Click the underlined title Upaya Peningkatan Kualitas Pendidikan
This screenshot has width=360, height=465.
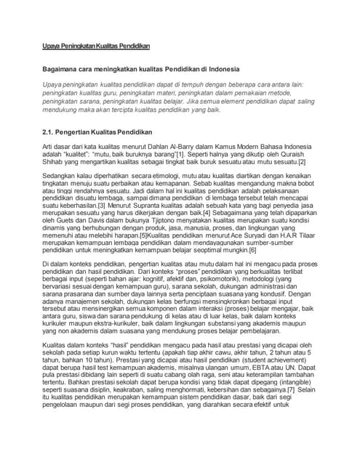point(95,46)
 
